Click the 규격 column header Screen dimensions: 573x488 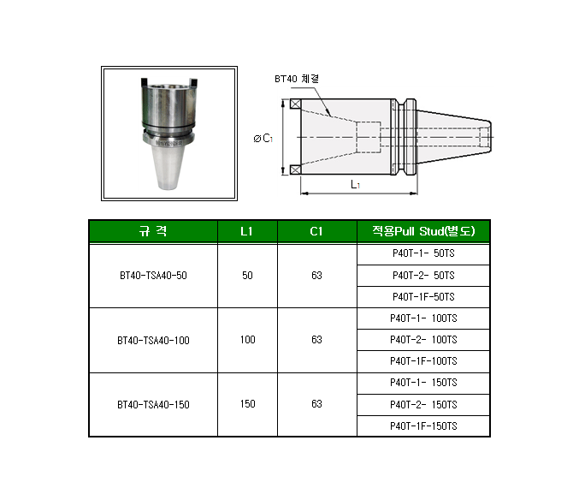point(153,231)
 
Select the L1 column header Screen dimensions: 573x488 point(246,231)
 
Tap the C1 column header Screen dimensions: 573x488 point(316,231)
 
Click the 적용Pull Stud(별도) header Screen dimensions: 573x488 point(423,231)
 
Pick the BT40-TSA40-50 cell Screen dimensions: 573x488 point(153,276)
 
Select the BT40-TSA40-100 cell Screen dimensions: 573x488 point(153,341)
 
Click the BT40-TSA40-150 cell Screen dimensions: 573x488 point(153,405)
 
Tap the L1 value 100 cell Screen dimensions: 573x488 point(247,340)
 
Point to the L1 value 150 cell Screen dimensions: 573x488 point(247,404)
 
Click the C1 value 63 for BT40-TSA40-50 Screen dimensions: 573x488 point(316,276)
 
